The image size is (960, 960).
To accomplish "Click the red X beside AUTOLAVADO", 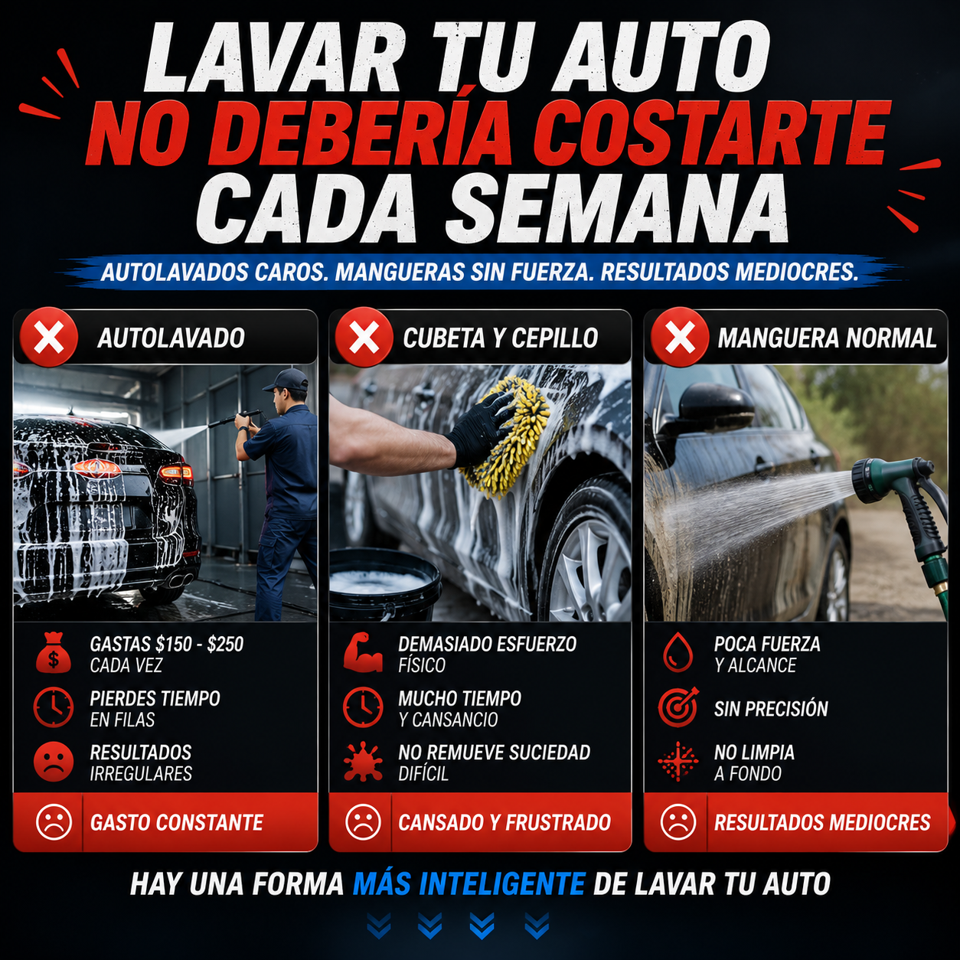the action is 48,338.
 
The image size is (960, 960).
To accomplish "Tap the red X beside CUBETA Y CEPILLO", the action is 364,338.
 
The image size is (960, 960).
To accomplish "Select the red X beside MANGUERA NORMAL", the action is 680,338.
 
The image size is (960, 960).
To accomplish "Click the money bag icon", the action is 54,653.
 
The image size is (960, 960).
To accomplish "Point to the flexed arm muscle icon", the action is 363,652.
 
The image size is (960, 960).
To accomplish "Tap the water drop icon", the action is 678,652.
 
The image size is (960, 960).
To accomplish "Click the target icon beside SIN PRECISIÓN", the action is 678,707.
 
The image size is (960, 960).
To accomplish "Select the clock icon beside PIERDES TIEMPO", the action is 54,707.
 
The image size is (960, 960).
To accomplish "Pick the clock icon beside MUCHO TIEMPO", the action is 363,707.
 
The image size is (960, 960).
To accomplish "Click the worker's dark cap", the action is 286,380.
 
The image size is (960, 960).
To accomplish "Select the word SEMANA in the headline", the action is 619,209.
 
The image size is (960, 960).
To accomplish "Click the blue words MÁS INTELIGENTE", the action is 469,883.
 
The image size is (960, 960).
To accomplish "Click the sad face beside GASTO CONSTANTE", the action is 54,821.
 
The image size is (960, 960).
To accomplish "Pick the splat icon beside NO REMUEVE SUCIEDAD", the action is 363,761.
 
